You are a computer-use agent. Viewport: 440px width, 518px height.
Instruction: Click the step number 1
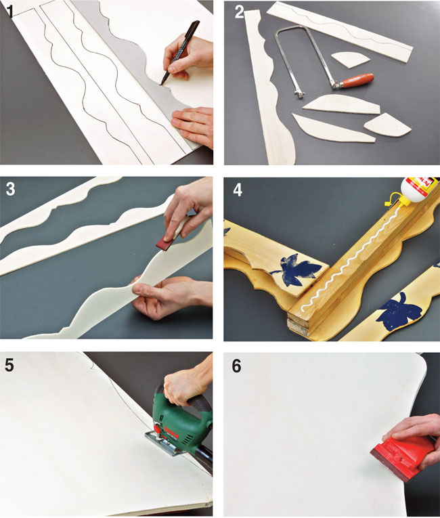(10, 11)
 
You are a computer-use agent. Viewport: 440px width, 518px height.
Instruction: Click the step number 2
(239, 12)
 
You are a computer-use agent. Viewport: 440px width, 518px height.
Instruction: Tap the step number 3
(11, 190)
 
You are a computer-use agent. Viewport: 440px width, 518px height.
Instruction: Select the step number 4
(238, 190)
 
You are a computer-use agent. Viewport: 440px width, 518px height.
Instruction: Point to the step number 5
(10, 365)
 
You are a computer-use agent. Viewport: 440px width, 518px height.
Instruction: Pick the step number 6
(237, 366)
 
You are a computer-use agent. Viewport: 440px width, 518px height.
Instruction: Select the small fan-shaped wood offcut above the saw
(349, 60)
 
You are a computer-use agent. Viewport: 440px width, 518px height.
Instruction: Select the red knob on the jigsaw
(158, 429)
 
